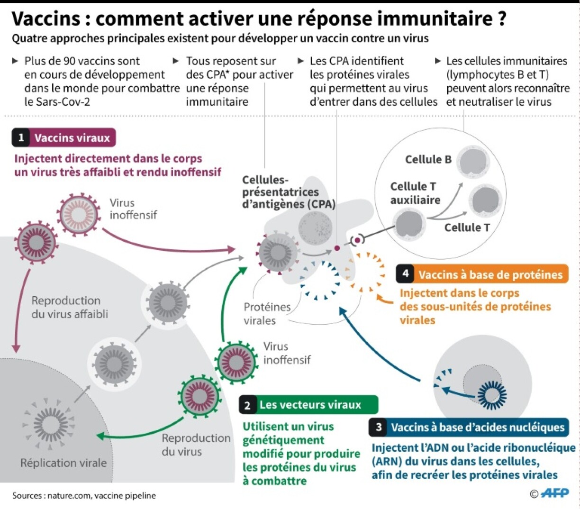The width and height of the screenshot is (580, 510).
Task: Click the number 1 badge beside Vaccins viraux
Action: (x=21, y=138)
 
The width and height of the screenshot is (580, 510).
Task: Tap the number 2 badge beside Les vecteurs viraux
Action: (x=247, y=405)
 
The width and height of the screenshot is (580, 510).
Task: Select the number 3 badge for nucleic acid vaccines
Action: (x=379, y=428)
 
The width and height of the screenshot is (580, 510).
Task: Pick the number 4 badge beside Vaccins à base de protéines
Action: (x=405, y=274)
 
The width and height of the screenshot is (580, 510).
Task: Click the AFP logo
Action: (x=554, y=493)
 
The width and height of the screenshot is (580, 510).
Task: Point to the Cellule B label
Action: (x=428, y=160)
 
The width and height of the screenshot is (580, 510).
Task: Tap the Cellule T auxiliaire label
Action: (x=415, y=193)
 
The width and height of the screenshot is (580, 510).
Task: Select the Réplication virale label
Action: (x=63, y=463)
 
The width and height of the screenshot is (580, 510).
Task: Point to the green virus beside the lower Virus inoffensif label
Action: (x=236, y=363)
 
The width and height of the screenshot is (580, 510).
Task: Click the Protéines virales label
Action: (x=267, y=313)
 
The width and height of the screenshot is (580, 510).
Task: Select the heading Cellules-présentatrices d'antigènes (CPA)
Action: (x=289, y=192)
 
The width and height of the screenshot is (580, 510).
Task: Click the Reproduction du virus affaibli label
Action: (x=70, y=307)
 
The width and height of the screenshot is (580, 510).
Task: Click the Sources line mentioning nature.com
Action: (x=84, y=495)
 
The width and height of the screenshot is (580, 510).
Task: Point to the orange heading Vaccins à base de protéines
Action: (x=490, y=274)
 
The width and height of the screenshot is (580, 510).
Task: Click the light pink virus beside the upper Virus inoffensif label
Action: (x=79, y=215)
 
